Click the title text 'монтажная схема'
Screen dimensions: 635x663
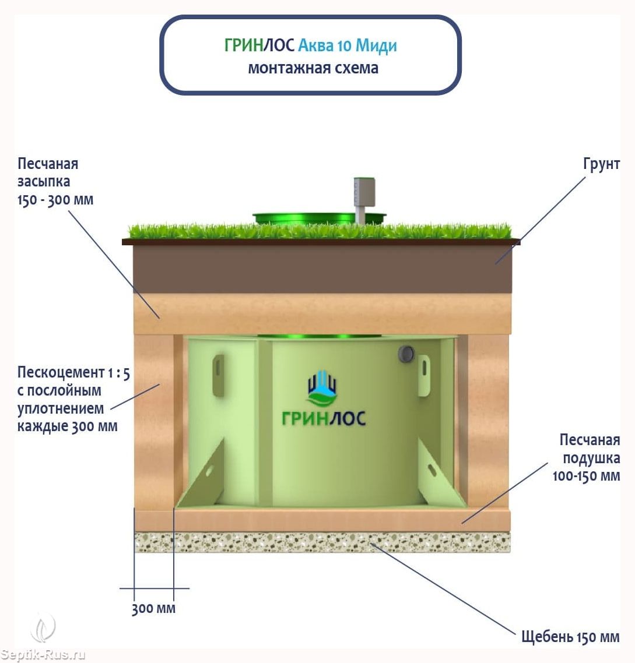click(x=313, y=68)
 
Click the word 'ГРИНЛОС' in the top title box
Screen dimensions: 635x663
click(x=259, y=45)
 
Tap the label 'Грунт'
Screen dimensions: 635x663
click(x=601, y=164)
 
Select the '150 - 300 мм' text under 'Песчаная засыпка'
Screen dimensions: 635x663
click(x=55, y=200)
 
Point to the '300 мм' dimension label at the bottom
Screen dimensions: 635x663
click(x=153, y=608)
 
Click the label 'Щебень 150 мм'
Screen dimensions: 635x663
click(x=570, y=636)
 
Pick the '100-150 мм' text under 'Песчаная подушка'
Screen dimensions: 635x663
click(x=586, y=475)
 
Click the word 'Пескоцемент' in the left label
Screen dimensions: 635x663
click(x=61, y=372)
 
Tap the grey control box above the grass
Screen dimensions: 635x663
click(x=364, y=193)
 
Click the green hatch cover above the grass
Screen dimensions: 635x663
click(x=319, y=218)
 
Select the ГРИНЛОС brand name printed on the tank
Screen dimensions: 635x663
click(x=324, y=418)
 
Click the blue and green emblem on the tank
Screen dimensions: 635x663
click(x=322, y=386)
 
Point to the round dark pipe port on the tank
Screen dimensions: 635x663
click(x=406, y=354)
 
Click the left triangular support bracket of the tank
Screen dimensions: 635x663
click(x=203, y=475)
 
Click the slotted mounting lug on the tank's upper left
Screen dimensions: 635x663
click(x=218, y=375)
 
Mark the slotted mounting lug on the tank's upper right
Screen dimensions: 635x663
click(x=424, y=375)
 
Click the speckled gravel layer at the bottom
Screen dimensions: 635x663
click(x=322, y=542)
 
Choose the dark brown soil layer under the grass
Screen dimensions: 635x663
click(x=322, y=269)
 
